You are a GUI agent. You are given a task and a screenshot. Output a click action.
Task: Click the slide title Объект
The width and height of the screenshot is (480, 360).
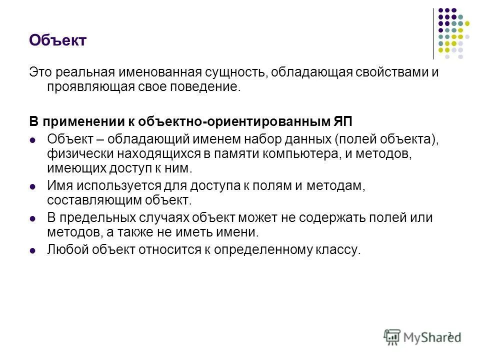(x=58, y=40)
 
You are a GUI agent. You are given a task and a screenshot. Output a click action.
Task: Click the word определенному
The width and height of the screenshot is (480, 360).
(x=260, y=249)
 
